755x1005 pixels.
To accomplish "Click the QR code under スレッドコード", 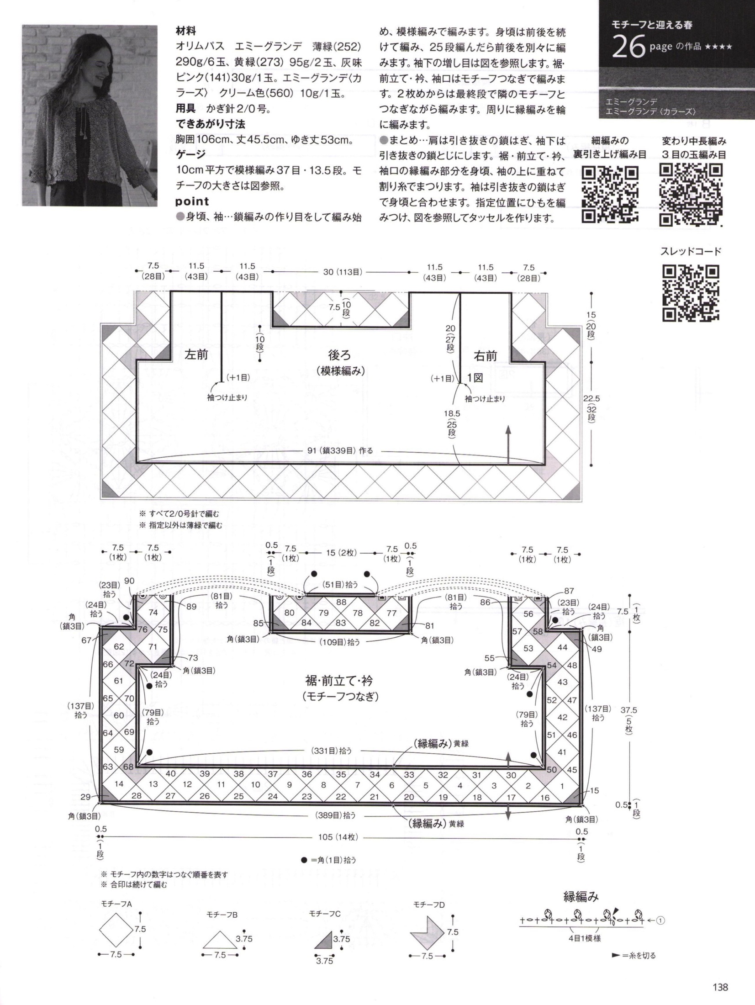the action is click(691, 292).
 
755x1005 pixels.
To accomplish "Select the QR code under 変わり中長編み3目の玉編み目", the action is click(692, 195).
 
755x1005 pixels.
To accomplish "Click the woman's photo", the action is click(90, 116).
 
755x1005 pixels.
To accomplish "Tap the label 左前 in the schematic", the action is click(196, 355).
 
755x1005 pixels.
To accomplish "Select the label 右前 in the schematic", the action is click(485, 356).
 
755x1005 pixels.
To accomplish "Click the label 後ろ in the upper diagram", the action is click(340, 355).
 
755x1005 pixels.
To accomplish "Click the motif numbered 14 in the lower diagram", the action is click(119, 784).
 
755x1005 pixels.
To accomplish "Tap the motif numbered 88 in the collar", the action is click(341, 603).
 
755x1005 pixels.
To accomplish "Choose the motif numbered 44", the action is click(562, 647).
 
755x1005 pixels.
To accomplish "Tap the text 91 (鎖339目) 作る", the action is click(340, 450).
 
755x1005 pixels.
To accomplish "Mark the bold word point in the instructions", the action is click(192, 201).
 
